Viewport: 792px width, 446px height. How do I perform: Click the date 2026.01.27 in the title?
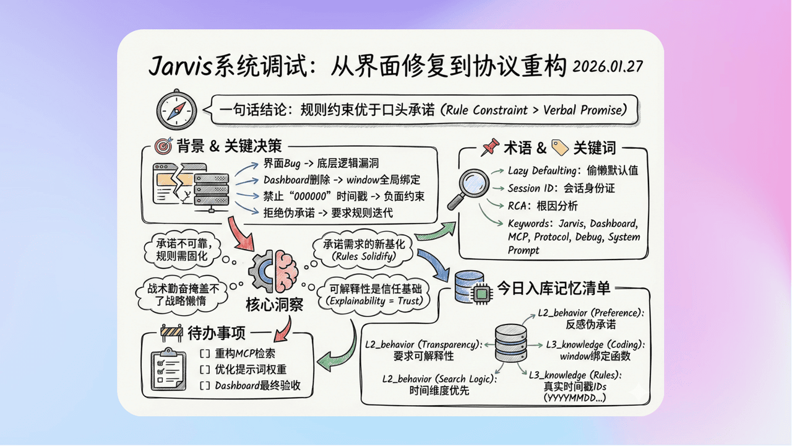608,66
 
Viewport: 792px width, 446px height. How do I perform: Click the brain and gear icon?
273,271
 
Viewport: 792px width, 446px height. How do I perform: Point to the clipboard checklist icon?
169,368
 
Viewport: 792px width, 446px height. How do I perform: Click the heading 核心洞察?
274,305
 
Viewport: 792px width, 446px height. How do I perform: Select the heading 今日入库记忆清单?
554,288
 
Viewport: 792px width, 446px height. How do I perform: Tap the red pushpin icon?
491,147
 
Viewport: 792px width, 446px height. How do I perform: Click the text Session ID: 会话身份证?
561,188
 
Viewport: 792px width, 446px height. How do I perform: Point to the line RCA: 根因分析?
543,206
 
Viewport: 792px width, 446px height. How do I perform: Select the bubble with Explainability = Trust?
370,295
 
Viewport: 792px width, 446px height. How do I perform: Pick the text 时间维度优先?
439,390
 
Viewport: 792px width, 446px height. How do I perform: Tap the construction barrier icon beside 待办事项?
172,333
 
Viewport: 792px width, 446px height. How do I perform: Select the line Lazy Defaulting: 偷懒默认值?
572,170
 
